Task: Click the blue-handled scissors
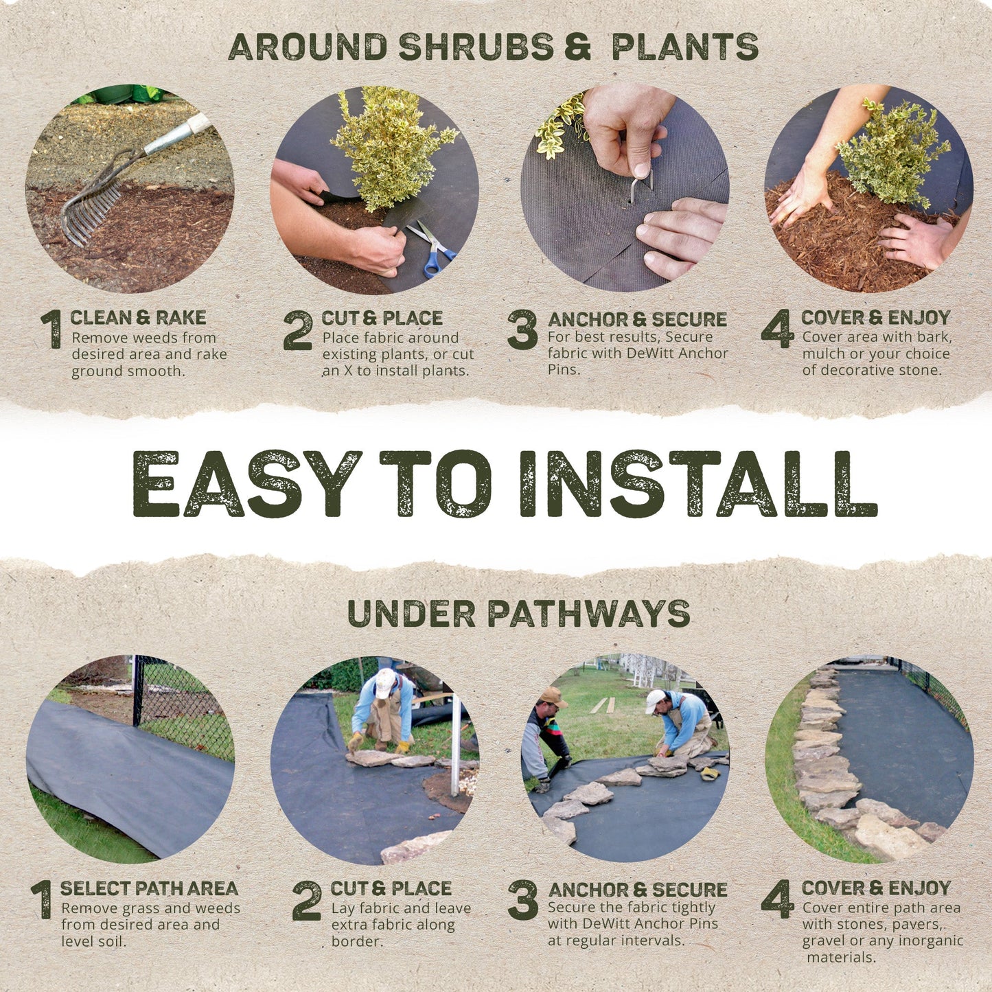tap(432, 249)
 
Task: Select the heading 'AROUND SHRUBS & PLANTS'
tap(493, 47)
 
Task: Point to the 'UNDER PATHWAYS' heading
tap(518, 614)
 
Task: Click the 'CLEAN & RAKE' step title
tap(138, 318)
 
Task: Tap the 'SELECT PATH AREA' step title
tap(149, 888)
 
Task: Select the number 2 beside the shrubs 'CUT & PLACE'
tap(298, 331)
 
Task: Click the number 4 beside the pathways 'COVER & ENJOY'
tap(777, 900)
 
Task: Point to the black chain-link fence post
tap(138, 690)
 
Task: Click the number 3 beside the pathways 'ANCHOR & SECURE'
tap(522, 900)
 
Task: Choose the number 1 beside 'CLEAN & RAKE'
tap(52, 330)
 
